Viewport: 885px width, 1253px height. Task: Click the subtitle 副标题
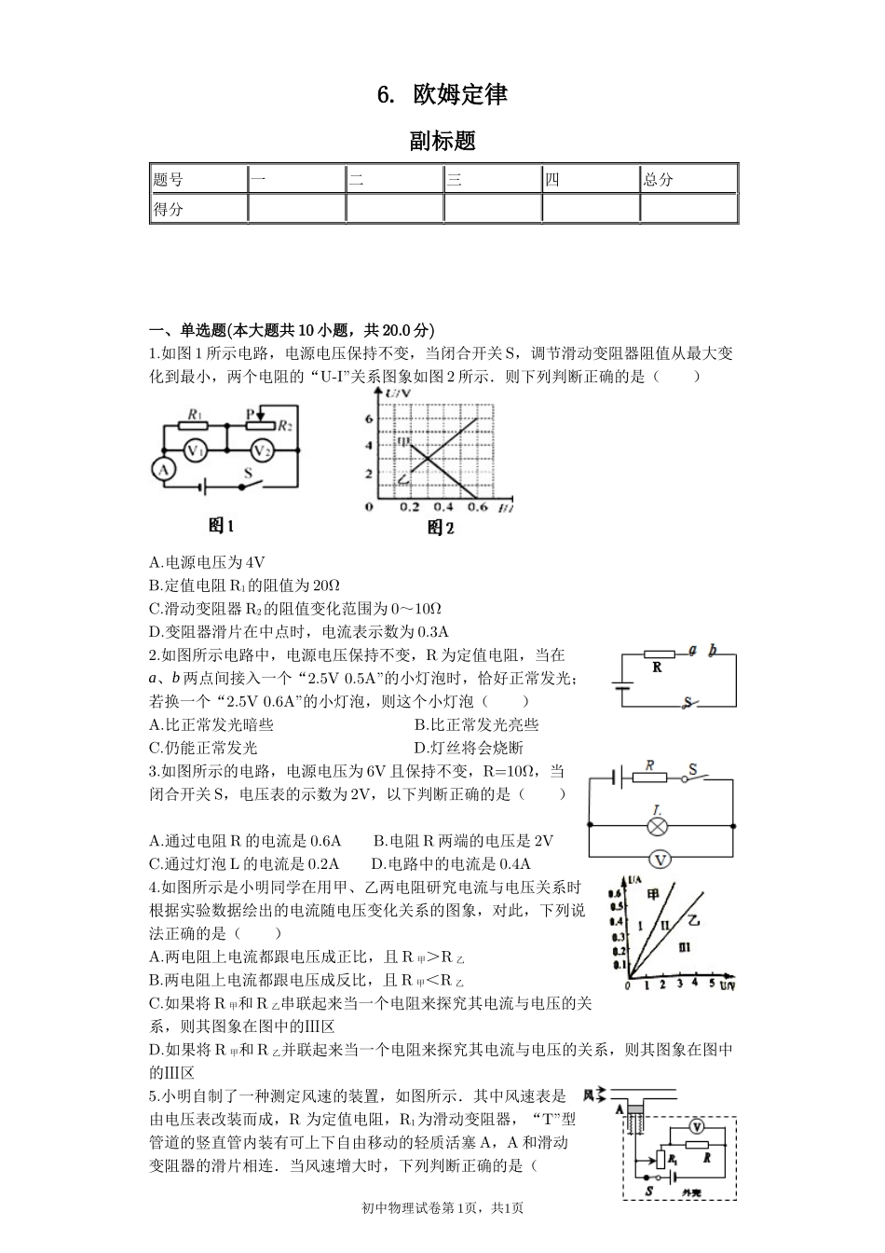[442, 141]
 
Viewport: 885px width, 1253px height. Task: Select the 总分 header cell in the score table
[659, 179]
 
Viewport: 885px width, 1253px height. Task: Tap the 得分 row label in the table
[169, 209]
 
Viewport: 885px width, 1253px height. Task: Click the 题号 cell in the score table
[169, 179]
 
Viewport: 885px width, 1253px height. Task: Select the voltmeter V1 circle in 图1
[194, 450]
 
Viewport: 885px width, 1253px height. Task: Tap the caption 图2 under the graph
[441, 529]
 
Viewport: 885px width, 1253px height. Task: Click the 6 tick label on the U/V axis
[369, 419]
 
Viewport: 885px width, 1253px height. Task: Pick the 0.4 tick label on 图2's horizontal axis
[443, 507]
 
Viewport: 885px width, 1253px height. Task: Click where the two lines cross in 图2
[427, 457]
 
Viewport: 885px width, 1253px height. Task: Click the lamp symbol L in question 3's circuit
[659, 825]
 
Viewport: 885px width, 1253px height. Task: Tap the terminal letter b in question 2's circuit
[713, 651]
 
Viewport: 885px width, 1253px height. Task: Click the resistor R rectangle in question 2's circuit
[660, 654]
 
